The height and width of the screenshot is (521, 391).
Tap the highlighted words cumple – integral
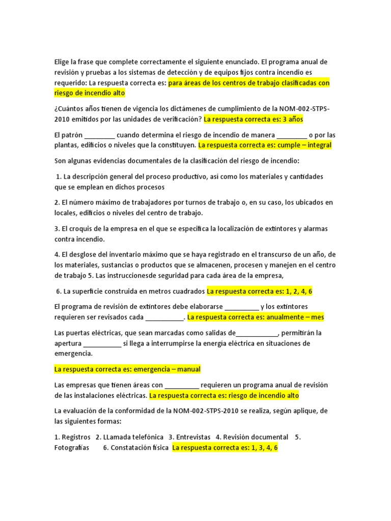click(x=308, y=145)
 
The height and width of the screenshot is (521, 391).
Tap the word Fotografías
click(x=72, y=448)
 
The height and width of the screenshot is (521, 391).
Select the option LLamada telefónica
click(x=133, y=437)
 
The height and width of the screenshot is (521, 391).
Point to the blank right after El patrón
click(x=100, y=135)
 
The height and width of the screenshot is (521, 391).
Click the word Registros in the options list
click(x=76, y=437)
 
